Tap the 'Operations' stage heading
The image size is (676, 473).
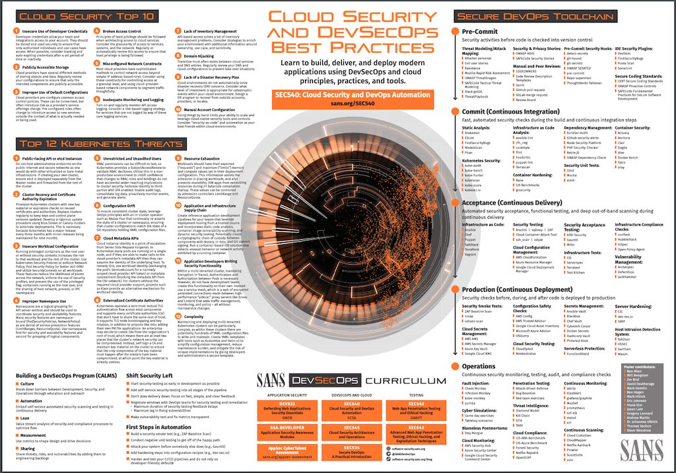tap(479, 365)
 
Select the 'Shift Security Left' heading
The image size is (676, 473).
tap(152, 375)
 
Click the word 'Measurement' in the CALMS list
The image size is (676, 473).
tap(34, 435)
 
